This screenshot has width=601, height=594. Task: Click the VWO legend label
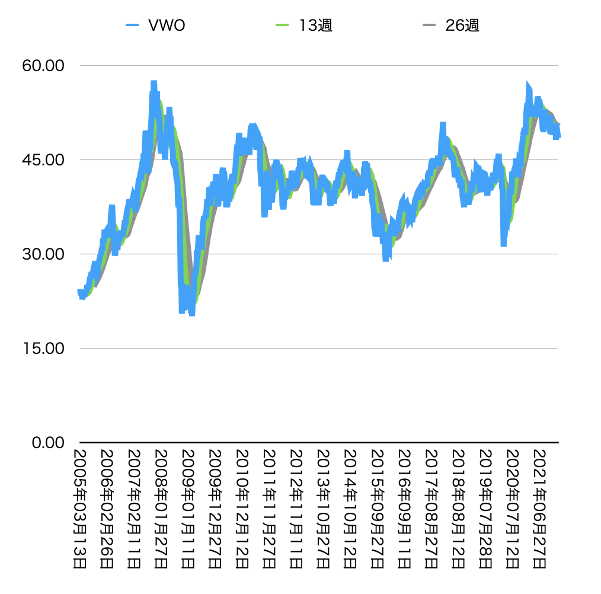click(x=167, y=25)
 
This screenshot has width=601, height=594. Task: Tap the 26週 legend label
click(x=462, y=25)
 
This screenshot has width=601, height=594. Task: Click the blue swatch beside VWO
click(x=132, y=25)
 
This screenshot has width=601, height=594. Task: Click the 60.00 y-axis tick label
click(x=42, y=65)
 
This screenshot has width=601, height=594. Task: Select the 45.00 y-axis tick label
click(x=42, y=159)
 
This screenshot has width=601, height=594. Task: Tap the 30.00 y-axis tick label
click(x=42, y=254)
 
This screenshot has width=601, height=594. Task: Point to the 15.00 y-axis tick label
click(x=42, y=348)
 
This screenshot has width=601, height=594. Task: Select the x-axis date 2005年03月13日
click(x=80, y=509)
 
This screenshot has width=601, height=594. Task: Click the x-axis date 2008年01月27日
click(x=162, y=509)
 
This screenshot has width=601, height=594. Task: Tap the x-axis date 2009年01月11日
click(x=189, y=509)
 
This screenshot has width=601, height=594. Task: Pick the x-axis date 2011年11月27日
click(x=270, y=509)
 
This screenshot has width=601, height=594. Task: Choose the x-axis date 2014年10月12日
click(x=351, y=509)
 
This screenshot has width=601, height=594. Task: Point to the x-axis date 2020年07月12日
click(x=514, y=509)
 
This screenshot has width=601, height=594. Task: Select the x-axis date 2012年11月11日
click(x=298, y=509)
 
